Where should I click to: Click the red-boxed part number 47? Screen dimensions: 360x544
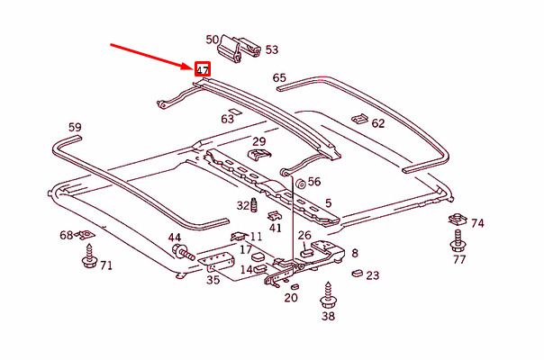pos(203,68)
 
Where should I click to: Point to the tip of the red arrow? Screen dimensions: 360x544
pos(193,65)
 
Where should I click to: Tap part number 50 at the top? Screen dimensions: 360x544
pos(213,40)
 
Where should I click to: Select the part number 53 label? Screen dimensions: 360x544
pos(271,50)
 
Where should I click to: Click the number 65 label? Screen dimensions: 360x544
pos(279,78)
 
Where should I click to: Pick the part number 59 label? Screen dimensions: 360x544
pos(75,127)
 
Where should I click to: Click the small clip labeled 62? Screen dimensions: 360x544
pos(358,118)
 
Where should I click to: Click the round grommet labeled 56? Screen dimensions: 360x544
pos(299,184)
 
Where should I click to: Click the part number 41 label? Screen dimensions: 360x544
pos(276,228)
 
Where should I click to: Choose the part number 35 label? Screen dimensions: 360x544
pos(213,281)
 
